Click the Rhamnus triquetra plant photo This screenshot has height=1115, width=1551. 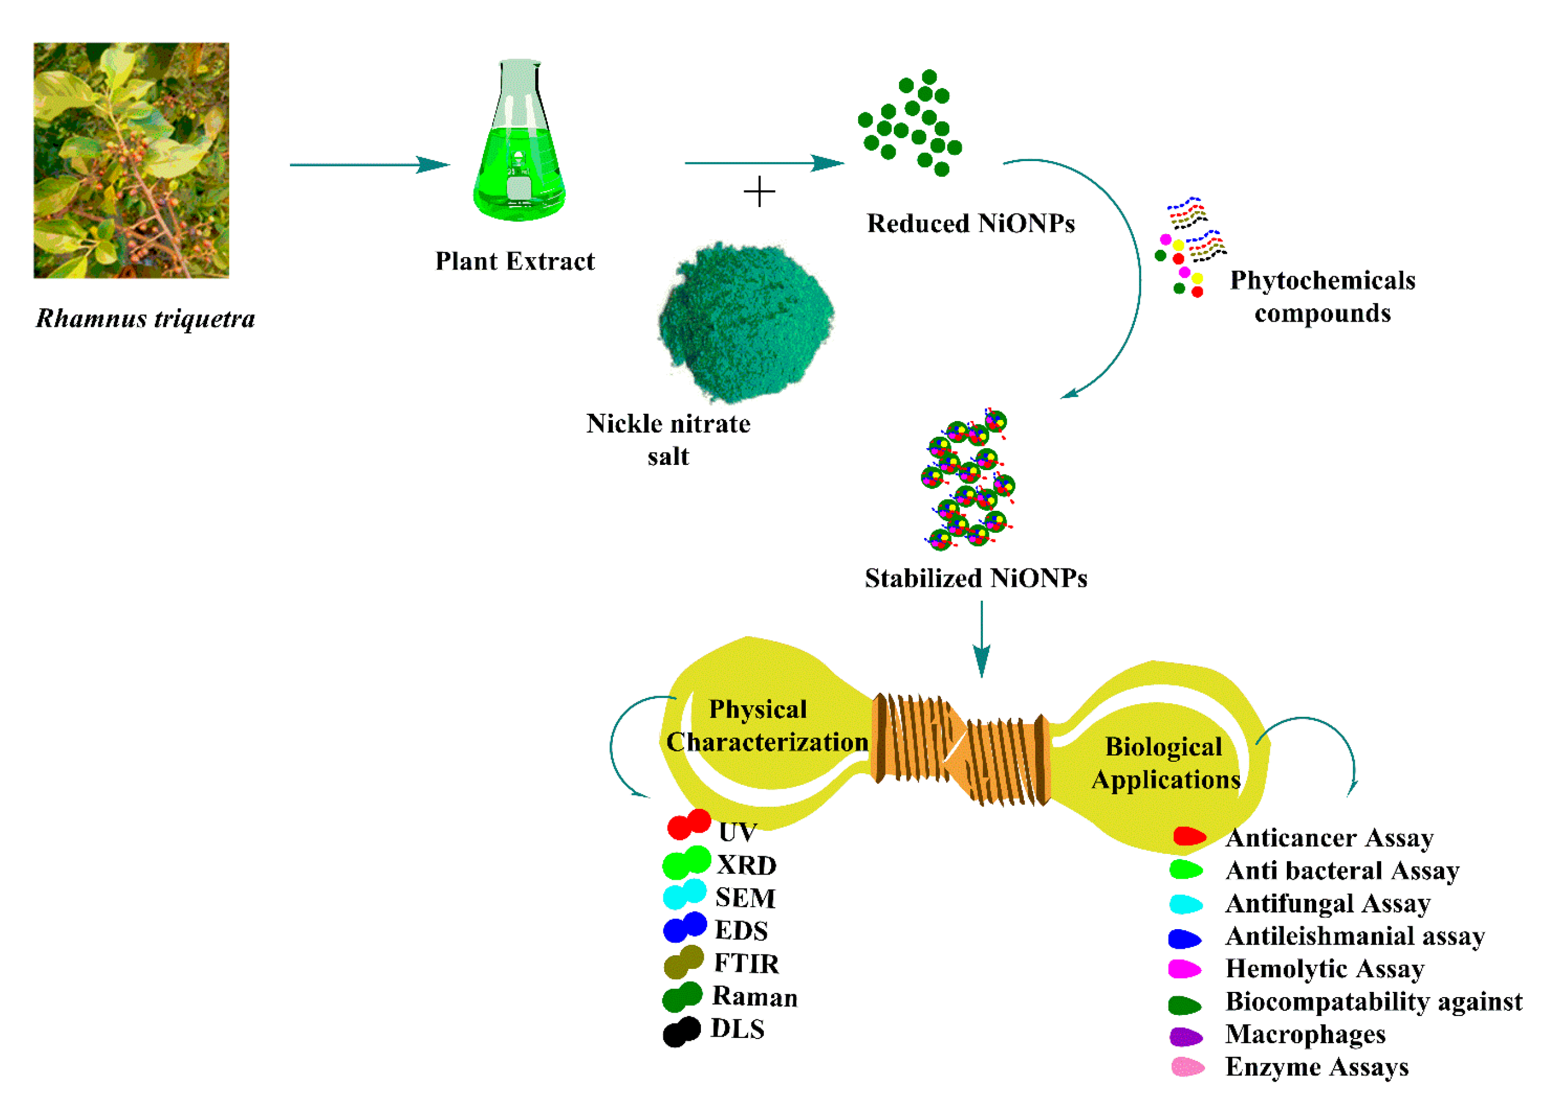[131, 160]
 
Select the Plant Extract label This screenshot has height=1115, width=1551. [515, 261]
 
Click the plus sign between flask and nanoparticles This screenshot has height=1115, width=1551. [759, 192]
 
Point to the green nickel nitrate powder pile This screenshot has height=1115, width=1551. [745, 321]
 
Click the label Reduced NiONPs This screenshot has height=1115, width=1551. [970, 224]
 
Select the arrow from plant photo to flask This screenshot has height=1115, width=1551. [369, 165]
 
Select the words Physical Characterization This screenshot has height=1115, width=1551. [766, 725]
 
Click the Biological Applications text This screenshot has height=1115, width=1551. [1165, 763]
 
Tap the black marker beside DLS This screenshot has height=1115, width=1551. [681, 1032]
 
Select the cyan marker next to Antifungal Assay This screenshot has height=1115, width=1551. [1185, 904]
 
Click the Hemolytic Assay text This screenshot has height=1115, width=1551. [1325, 969]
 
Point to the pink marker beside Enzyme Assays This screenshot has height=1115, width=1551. [1187, 1067]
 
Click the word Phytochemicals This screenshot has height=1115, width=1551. [1322, 280]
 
